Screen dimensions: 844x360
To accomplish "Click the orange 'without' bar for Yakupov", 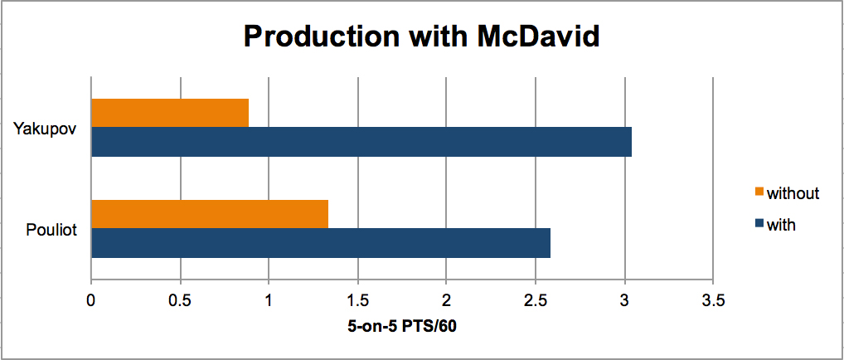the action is click(x=170, y=113).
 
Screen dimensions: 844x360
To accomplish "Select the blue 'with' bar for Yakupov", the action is click(x=361, y=142).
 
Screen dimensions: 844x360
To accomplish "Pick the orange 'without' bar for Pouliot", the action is click(x=210, y=214).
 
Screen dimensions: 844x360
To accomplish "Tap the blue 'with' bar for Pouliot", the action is click(x=322, y=243).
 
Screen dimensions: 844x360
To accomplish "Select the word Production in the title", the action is click(x=315, y=36).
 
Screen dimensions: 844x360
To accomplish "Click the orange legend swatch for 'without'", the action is click(x=759, y=192).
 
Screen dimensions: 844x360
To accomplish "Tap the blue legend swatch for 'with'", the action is click(x=759, y=224).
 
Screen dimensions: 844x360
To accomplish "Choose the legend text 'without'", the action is click(x=793, y=192).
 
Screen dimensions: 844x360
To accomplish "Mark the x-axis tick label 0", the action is click(x=91, y=299).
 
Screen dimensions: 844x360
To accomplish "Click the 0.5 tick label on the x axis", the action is click(x=180, y=299).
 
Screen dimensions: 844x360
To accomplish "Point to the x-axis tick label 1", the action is click(x=269, y=299).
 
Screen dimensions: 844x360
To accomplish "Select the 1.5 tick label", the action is click(x=357, y=299).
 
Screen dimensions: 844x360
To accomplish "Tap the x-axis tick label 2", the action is click(x=446, y=299).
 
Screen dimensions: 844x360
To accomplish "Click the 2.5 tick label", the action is click(x=535, y=299).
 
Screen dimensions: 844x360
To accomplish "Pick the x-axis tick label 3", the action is click(x=624, y=299).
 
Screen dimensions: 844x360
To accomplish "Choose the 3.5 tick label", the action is click(x=713, y=299).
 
